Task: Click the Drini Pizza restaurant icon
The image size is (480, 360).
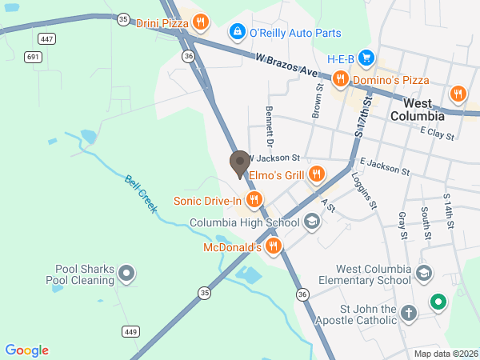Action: pyautogui.click(x=200, y=22)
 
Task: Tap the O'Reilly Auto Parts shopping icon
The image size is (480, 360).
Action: pyautogui.click(x=237, y=32)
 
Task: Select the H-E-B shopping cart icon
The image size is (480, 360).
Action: pyautogui.click(x=366, y=58)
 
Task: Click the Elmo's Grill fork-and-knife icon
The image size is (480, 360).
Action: pyautogui.click(x=317, y=173)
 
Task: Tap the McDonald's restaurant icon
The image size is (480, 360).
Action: pyautogui.click(x=274, y=246)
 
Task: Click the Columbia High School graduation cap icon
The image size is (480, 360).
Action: pyautogui.click(x=312, y=222)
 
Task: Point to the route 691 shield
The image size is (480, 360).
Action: pyautogui.click(x=32, y=57)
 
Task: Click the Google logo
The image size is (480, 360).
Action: pyautogui.click(x=26, y=350)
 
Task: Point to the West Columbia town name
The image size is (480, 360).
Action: pyautogui.click(x=423, y=110)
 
